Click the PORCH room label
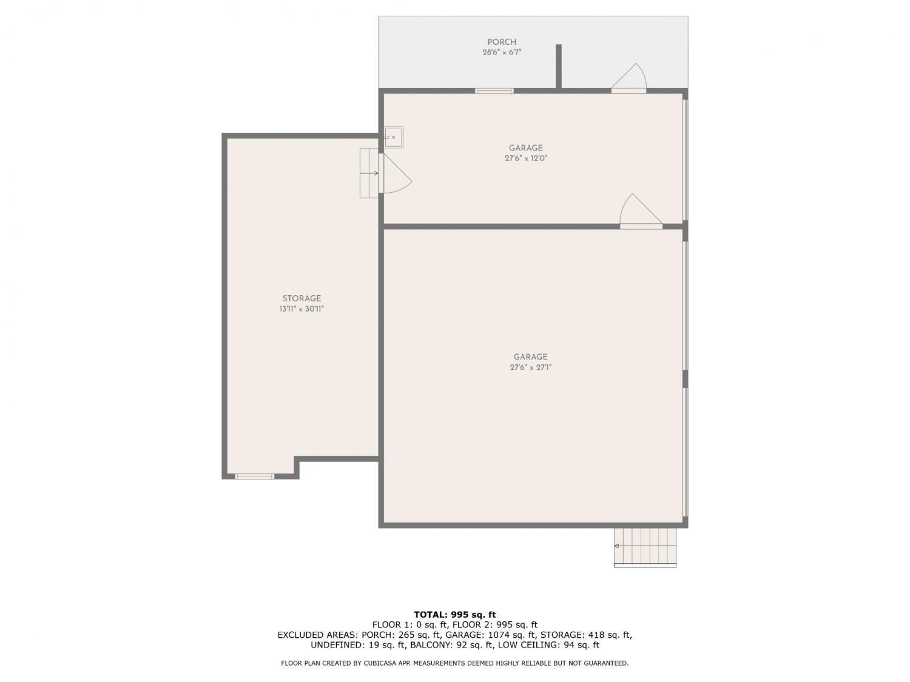pyautogui.click(x=502, y=42)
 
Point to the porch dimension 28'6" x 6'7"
pyautogui.click(x=502, y=52)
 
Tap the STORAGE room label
pyautogui.click(x=302, y=298)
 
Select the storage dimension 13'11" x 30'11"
pyautogui.click(x=302, y=309)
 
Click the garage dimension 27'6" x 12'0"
pyautogui.click(x=526, y=158)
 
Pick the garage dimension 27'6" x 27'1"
pyautogui.click(x=531, y=367)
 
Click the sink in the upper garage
pyautogui.click(x=393, y=137)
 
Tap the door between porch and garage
pyautogui.click(x=629, y=79)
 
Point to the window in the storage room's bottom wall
pyautogui.click(x=254, y=476)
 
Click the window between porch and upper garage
pyautogui.click(x=494, y=91)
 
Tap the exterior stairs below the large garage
pyautogui.click(x=645, y=547)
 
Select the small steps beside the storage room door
pyautogui.click(x=369, y=173)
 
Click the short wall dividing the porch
pyautogui.click(x=559, y=66)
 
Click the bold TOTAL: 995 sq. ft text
pyautogui.click(x=455, y=615)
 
